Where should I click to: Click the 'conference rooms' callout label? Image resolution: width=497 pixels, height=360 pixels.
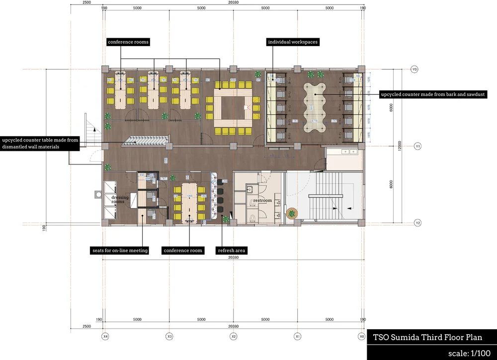coord(128,42)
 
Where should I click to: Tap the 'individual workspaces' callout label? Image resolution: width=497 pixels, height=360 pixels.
coord(293,42)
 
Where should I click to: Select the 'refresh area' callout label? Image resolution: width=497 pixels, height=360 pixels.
coord(231,251)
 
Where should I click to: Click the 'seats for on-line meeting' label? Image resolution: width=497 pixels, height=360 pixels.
coord(120,251)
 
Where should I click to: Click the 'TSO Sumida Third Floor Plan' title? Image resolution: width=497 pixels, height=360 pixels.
coord(427,338)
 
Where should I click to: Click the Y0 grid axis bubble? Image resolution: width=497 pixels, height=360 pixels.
coord(414,70)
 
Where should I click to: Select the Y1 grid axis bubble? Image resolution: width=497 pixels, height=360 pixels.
coord(418,146)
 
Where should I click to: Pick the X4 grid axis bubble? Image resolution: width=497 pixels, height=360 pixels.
coord(105,337)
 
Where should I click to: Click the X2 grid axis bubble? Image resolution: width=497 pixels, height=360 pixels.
coord(234,337)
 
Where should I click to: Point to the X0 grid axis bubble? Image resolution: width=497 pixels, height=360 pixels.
coord(362,337)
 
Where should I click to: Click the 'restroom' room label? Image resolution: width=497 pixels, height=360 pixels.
coord(262,201)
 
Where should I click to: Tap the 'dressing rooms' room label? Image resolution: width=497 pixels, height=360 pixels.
coord(120,200)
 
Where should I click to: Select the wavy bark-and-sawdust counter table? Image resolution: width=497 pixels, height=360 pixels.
coord(315,107)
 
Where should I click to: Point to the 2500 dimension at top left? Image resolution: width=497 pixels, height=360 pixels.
coord(86,2)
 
